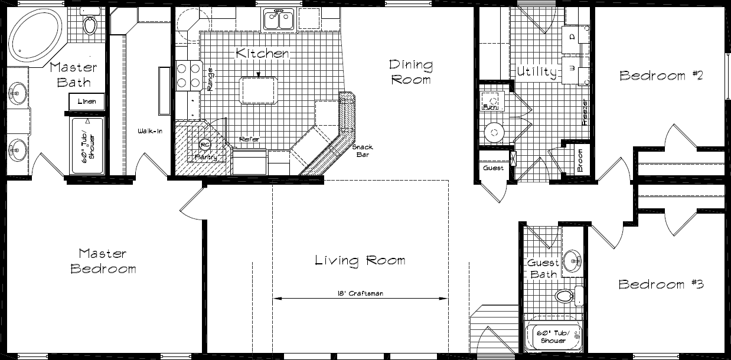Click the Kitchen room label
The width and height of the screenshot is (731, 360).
[262, 53]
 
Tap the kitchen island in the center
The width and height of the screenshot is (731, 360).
[258, 90]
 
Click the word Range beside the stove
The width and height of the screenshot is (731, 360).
[210, 78]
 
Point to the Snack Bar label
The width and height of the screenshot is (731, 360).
[362, 151]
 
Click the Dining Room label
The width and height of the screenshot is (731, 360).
[410, 71]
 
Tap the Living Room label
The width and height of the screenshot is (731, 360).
[360, 260]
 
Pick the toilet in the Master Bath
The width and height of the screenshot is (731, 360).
[90, 24]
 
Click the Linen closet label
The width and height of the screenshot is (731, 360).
[87, 102]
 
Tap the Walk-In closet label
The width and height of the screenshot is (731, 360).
[150, 130]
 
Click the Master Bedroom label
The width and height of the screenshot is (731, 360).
[103, 261]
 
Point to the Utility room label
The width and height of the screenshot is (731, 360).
[537, 73]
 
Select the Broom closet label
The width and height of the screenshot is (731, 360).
[580, 160]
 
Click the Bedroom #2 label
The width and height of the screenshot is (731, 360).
[661, 76]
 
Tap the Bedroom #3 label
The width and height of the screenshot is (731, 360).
[661, 284]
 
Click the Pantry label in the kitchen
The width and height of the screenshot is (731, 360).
[206, 158]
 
